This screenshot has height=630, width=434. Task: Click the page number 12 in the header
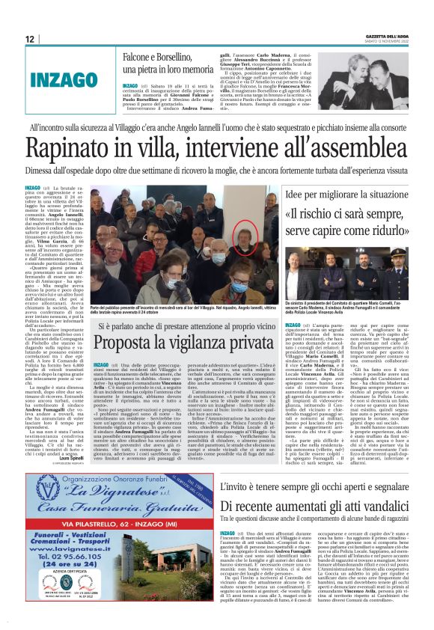[x=29, y=38]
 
